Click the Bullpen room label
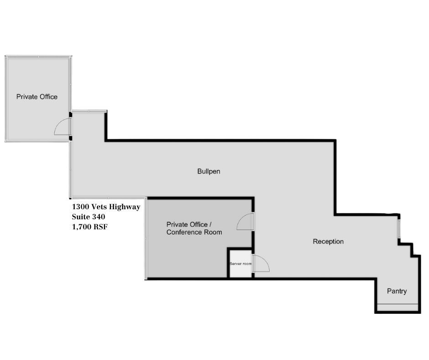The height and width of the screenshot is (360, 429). pyautogui.click(x=209, y=171)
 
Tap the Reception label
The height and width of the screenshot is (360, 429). pyautogui.click(x=328, y=241)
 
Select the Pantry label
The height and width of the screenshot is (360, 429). pyautogui.click(x=397, y=291)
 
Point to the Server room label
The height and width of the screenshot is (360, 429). pyautogui.click(x=241, y=264)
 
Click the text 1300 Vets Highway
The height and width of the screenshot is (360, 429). pyautogui.click(x=106, y=206)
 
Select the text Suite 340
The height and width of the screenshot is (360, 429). pyautogui.click(x=89, y=217)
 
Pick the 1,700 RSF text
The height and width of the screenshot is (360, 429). pyautogui.click(x=90, y=227)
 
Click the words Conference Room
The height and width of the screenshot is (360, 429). pyautogui.click(x=194, y=232)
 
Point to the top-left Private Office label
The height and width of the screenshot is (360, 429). pyautogui.click(x=37, y=97)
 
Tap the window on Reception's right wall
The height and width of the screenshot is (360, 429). pyautogui.click(x=399, y=228)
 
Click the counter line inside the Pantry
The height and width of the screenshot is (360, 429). pyautogui.click(x=398, y=304)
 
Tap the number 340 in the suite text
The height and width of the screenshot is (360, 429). pyautogui.click(x=99, y=217)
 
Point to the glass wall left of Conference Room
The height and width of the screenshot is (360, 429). pyautogui.click(x=146, y=238)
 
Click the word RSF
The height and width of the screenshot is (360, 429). pyautogui.click(x=100, y=227)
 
